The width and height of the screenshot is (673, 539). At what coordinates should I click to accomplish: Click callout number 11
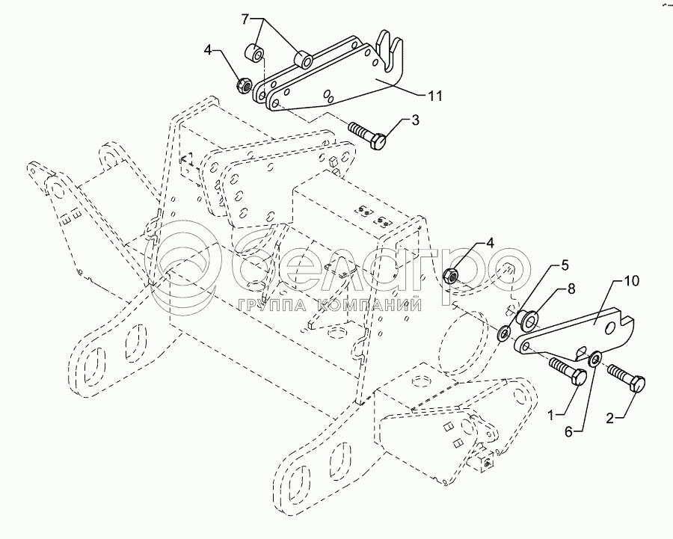point(434,96)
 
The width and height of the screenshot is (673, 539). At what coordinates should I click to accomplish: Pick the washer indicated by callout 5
point(504,331)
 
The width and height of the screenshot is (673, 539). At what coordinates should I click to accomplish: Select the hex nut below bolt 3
point(453,275)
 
